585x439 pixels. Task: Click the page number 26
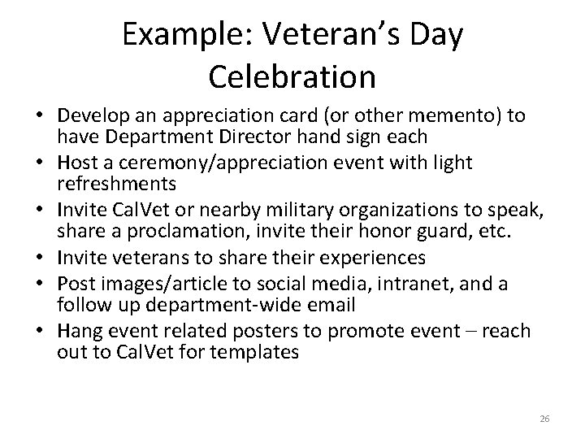[544, 419]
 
